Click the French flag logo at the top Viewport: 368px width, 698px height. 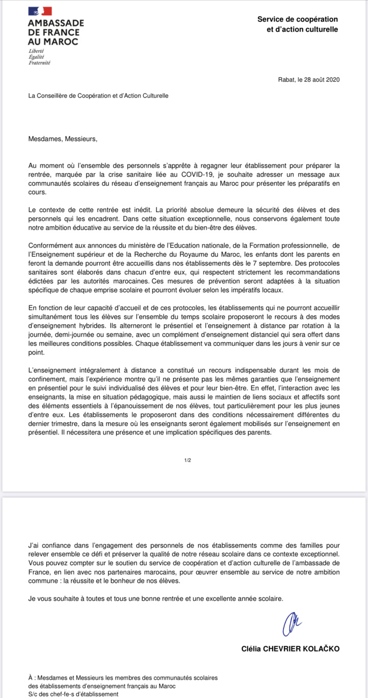40,11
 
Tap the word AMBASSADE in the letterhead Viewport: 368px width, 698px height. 56,23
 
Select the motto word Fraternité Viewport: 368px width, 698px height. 39,63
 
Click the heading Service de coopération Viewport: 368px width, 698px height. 297,19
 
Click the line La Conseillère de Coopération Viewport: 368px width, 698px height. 98,95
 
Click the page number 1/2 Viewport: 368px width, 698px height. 188,460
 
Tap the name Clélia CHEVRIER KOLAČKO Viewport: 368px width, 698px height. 290,648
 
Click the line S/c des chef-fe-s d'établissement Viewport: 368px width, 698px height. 73,694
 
